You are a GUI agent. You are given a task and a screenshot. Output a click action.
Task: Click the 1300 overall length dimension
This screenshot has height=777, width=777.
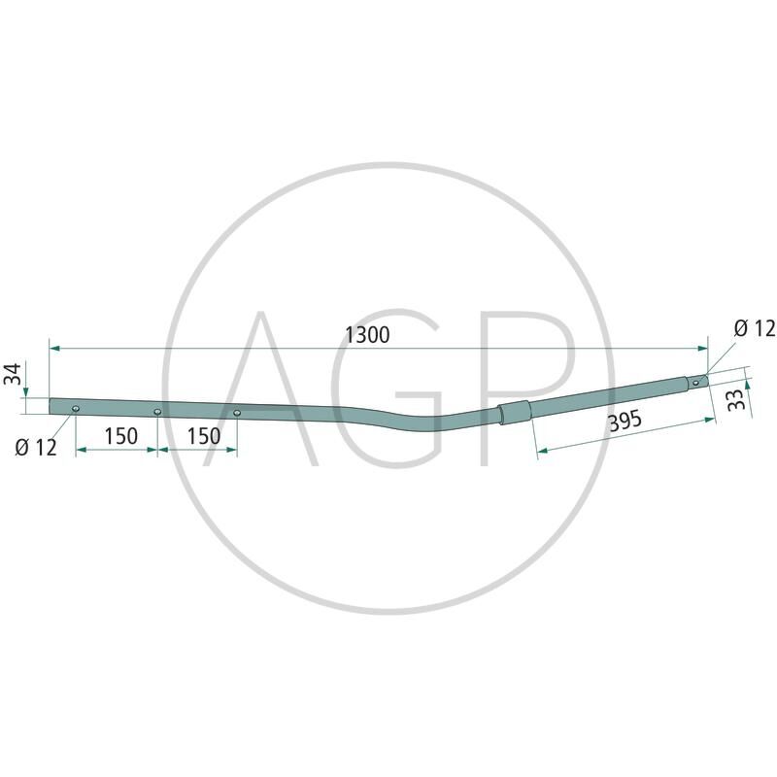[367, 335]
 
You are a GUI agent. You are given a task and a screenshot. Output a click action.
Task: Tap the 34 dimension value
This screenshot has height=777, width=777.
[13, 374]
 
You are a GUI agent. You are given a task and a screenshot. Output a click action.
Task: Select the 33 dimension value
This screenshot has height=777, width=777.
[738, 399]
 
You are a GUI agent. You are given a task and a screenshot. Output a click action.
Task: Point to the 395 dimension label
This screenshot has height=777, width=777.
[625, 422]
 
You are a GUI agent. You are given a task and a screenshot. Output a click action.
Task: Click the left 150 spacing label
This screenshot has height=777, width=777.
[120, 436]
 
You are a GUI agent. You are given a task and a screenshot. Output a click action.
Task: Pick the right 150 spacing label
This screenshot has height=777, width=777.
[204, 436]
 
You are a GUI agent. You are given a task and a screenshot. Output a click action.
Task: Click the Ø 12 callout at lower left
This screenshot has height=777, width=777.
[36, 448]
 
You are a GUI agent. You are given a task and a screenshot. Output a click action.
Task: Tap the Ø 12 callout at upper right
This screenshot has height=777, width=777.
[755, 328]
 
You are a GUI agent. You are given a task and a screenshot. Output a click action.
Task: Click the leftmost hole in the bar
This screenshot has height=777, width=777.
[76, 408]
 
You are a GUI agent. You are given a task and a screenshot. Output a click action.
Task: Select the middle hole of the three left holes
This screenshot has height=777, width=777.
[157, 412]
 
